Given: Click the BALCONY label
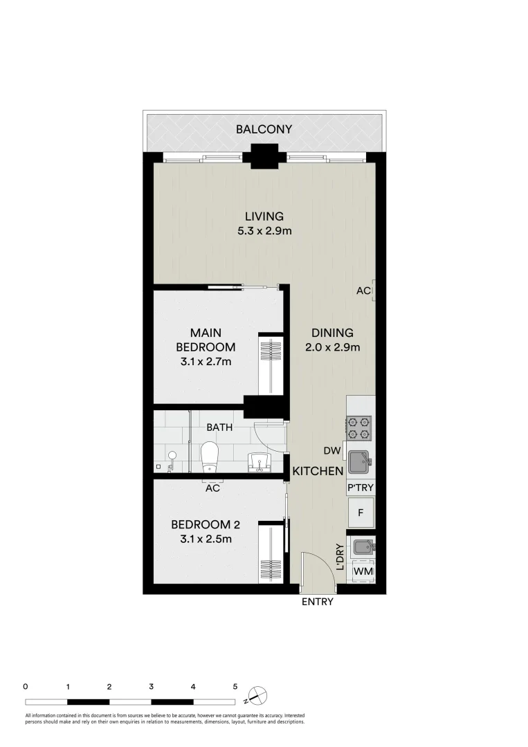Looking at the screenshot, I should coord(264,129).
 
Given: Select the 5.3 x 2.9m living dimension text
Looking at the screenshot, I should coord(264,231).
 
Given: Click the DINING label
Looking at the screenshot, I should coord(332,333).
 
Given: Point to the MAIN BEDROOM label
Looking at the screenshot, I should coord(206,340).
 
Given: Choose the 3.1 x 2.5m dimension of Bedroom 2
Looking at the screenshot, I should coord(201,539).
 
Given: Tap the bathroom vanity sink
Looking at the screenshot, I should coord(259,461).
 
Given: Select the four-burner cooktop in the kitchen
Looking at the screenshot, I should coord(359,427).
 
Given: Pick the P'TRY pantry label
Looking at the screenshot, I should coord(360,488).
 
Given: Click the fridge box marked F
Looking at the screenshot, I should coord(360,513).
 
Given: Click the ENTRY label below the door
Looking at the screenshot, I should coord(318,602).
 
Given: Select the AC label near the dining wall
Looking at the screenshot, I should coord(363,291).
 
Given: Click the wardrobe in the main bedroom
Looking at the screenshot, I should coord(271,366).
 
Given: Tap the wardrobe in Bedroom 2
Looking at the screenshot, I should coord(271,553).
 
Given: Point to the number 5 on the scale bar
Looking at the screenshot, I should coord(235,687).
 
